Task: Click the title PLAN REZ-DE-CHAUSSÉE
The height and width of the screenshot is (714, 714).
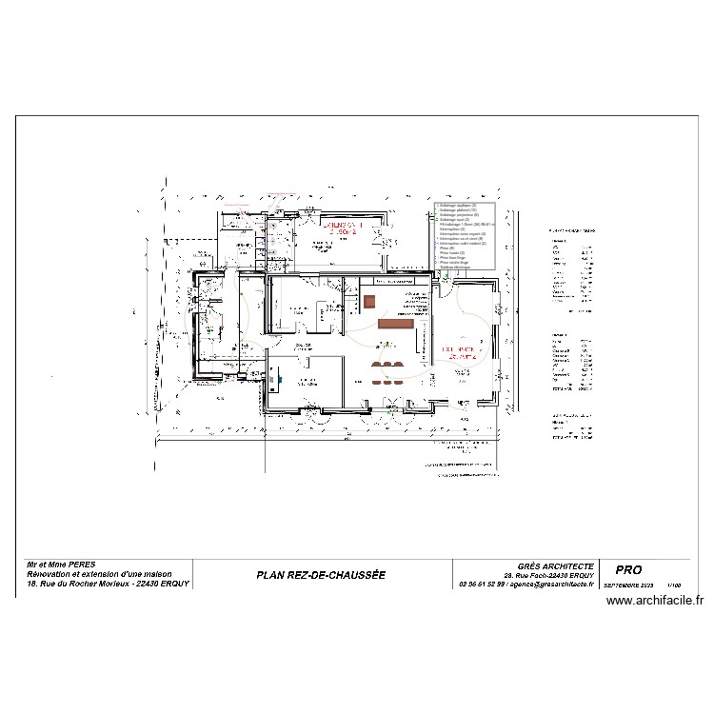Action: (x=321, y=575)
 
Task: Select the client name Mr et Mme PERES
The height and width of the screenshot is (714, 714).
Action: (x=62, y=565)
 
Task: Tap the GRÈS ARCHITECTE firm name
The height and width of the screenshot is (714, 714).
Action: (x=556, y=565)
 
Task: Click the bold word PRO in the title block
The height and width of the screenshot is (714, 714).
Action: (x=629, y=569)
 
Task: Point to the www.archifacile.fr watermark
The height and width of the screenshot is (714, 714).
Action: (x=653, y=601)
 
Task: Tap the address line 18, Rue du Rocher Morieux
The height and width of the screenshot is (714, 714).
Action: (x=109, y=584)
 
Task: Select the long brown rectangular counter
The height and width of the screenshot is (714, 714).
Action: (x=392, y=325)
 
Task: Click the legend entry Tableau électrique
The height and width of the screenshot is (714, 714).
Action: (x=458, y=268)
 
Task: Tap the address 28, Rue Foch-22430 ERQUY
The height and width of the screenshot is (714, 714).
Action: (x=556, y=575)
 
